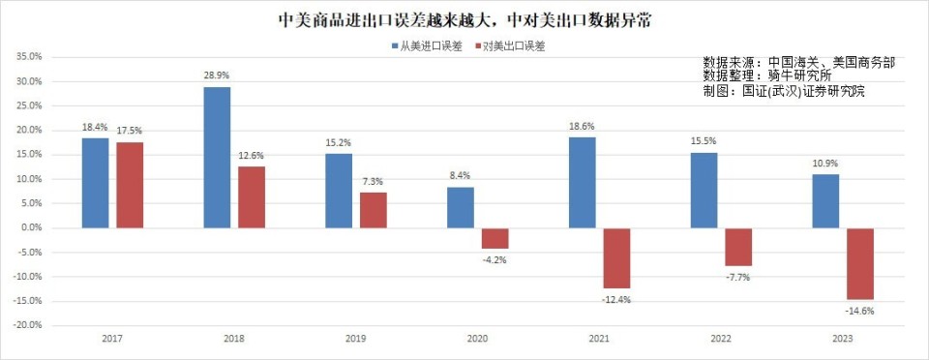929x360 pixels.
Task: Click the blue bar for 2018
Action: tap(217, 158)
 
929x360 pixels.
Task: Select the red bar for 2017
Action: tap(130, 185)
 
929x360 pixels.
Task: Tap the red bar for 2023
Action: tap(860, 263)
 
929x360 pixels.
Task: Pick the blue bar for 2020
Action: tap(461, 207)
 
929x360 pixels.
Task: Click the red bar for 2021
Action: tap(616, 257)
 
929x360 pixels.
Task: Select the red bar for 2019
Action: tap(373, 210)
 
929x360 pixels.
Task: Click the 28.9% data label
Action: tap(217, 75)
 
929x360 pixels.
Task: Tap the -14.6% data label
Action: tap(859, 312)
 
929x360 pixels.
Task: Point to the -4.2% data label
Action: tap(494, 260)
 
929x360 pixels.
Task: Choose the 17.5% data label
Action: tap(130, 131)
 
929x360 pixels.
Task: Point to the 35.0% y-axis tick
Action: tap(29, 57)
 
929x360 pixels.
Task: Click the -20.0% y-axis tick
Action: tap(28, 325)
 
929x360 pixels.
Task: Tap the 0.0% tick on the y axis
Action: tap(31, 227)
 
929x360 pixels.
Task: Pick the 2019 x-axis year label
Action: tap(355, 340)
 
